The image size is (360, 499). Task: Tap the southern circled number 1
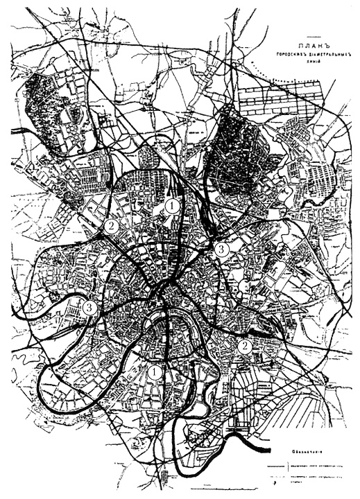coord(155,372)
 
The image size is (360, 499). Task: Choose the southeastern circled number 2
coord(243,345)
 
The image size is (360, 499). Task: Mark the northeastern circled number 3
coord(221,249)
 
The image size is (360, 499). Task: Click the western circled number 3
coord(88,308)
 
